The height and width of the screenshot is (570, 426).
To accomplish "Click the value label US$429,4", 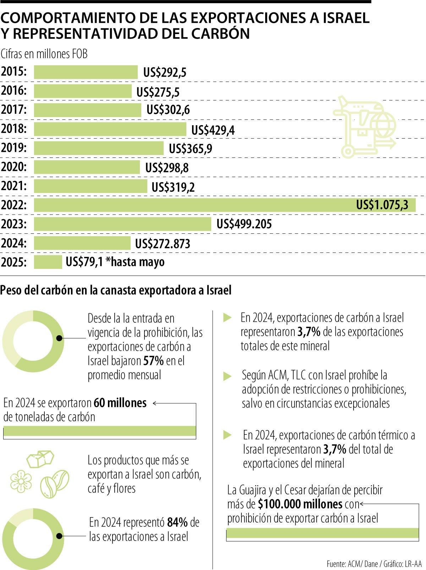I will click(213, 131).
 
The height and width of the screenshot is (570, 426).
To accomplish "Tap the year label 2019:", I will click(14, 148).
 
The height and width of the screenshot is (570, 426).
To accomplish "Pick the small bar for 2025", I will click(48, 262).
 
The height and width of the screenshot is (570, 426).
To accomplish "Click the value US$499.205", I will click(244, 224).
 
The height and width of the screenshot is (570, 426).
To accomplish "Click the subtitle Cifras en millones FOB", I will click(44, 54).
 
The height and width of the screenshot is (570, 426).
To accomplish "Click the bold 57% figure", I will click(153, 361).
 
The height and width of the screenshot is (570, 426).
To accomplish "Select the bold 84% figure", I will click(177, 522).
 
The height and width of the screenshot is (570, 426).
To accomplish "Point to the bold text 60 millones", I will click(120, 403).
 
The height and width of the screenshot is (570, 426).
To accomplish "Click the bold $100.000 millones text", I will click(300, 504).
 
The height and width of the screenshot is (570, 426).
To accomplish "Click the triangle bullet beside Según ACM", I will click(227, 376).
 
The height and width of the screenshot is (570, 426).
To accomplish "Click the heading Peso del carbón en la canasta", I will click(116, 290).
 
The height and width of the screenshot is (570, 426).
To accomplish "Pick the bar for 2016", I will click(83, 91).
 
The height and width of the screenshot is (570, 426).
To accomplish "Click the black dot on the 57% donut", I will click(60, 338).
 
